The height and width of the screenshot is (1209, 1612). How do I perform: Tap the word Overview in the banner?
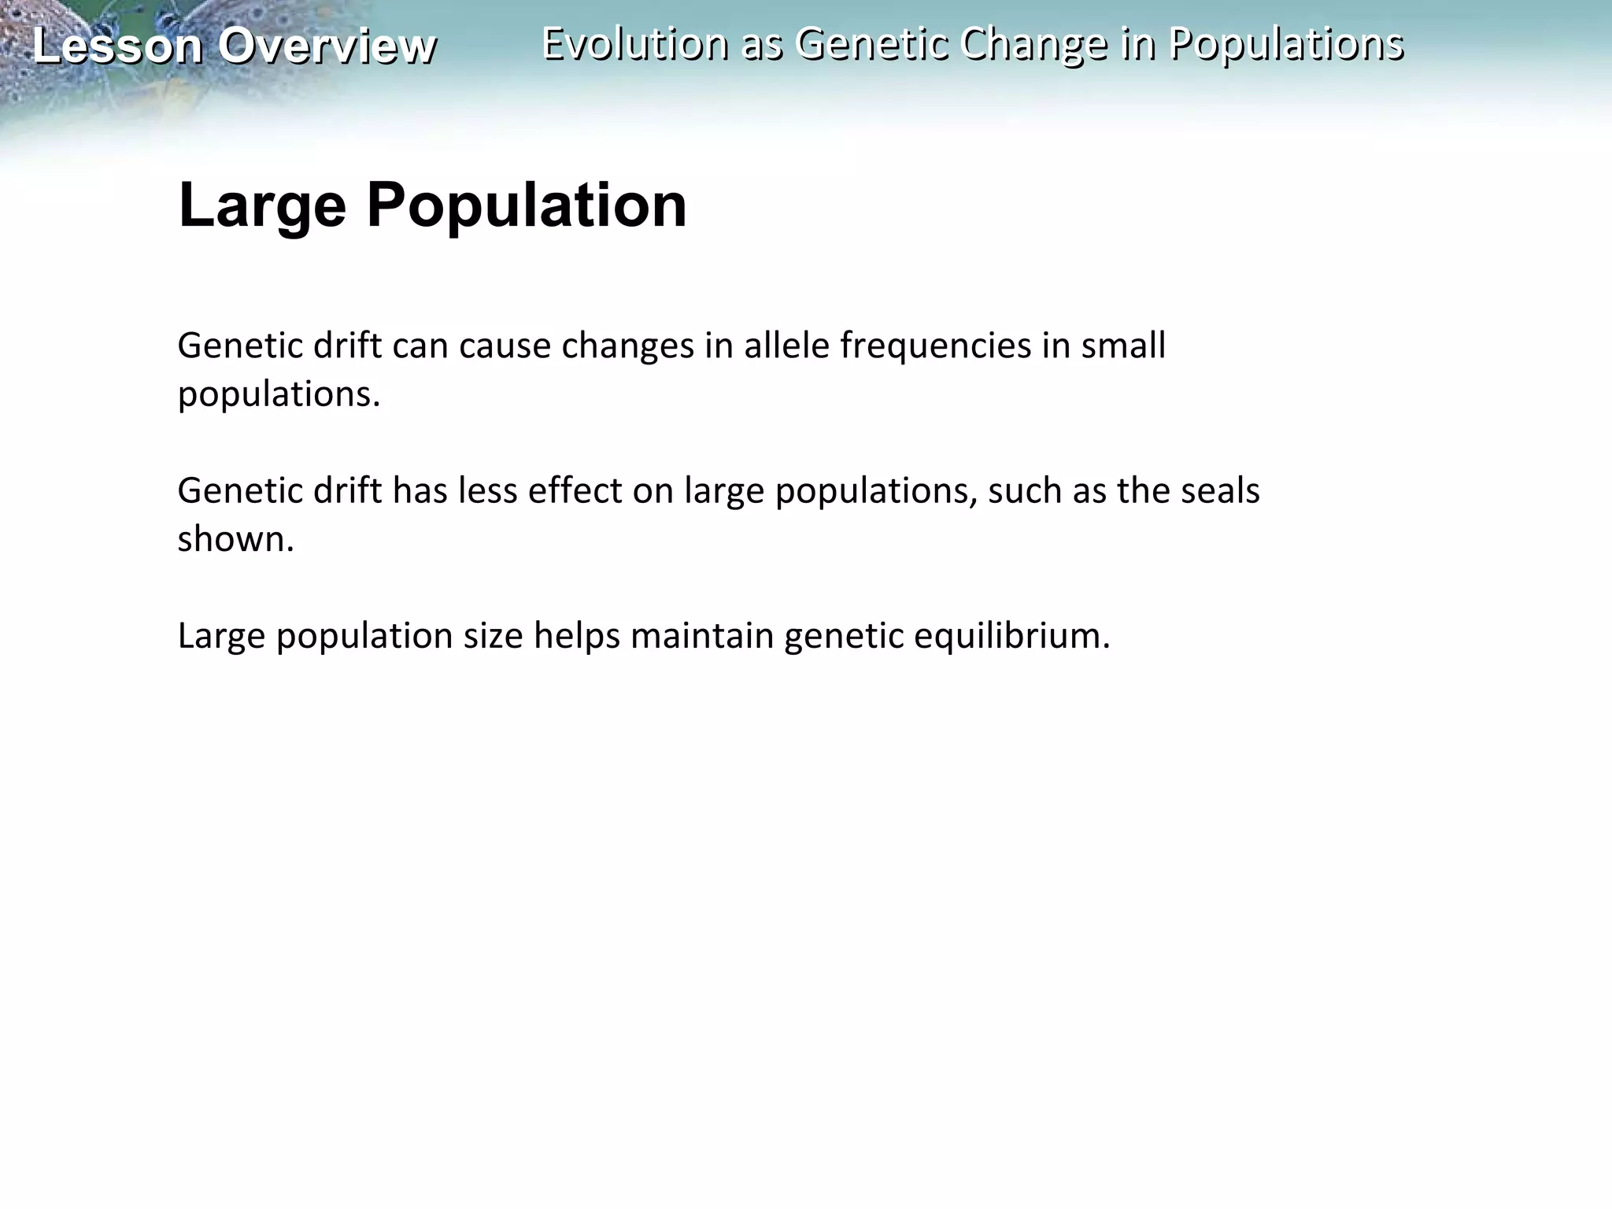pos(327,46)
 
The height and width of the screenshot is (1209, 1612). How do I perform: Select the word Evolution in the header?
pos(634,43)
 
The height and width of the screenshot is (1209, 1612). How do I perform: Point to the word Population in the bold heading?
pos(527,205)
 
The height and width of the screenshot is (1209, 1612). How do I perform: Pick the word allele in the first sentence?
pos(786,346)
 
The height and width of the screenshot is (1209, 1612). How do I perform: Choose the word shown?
pos(235,539)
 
